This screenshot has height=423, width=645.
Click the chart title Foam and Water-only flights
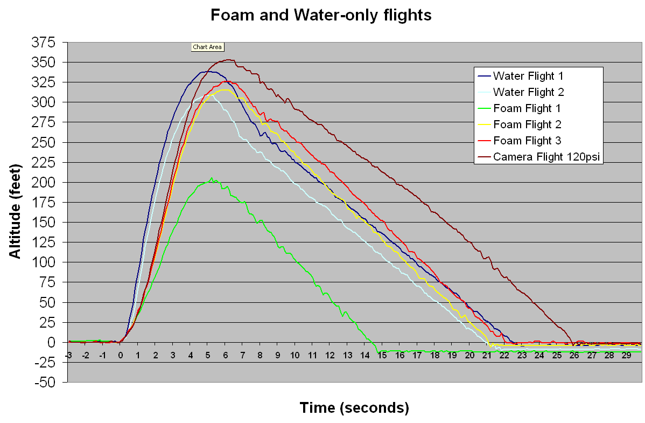coord(321,15)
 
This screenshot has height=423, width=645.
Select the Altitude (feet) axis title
coord(16,211)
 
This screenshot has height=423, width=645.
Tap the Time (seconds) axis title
coord(354,408)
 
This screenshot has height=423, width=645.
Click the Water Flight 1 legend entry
coord(528,75)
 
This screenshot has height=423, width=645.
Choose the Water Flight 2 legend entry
coord(528,92)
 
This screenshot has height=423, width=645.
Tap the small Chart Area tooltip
coord(207,47)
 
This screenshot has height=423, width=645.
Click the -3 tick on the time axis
coord(68,356)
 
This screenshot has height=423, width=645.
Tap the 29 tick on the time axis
coord(626,356)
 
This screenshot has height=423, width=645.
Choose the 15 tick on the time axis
coord(382,356)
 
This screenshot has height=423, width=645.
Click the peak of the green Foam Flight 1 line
coord(211,178)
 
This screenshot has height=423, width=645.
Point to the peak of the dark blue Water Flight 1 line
coord(208,72)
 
